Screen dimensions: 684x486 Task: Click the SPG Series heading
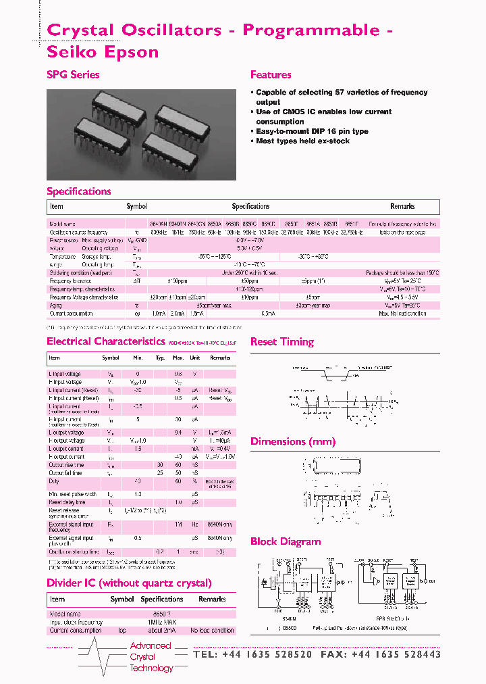(73, 75)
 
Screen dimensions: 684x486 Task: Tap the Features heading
(271, 75)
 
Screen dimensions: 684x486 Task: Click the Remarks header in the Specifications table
(402, 206)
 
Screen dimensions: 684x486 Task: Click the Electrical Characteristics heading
(105, 341)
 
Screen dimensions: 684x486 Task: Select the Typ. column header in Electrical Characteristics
(160, 358)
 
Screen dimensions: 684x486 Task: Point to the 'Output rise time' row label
(66, 465)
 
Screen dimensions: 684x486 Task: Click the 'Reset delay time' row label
(67, 502)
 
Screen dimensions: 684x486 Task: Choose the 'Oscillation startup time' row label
(74, 552)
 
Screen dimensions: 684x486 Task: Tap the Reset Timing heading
(281, 342)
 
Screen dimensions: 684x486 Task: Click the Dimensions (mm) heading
(292, 442)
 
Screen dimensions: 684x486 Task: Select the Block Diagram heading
(285, 541)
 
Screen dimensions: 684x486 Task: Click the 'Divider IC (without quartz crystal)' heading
(129, 583)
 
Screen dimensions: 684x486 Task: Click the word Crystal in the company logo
(142, 657)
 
